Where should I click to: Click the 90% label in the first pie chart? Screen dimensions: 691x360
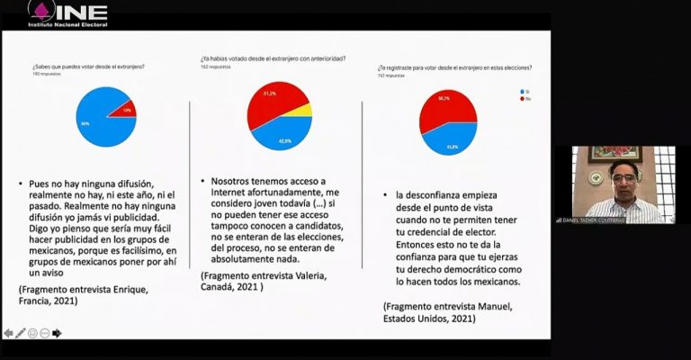[85, 123]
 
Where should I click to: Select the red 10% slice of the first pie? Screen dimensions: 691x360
[124, 110]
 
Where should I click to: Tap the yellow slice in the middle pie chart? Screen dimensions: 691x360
[304, 111]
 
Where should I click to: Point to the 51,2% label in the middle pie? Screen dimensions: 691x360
[269, 94]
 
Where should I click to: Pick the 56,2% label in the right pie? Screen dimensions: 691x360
[444, 99]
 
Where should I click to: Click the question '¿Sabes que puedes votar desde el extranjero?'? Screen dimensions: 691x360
[89, 67]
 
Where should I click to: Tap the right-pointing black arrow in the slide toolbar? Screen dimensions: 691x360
[57, 333]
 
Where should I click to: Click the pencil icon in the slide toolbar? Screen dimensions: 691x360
[21, 333]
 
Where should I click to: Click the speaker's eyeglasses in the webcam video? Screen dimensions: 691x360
[622, 176]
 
